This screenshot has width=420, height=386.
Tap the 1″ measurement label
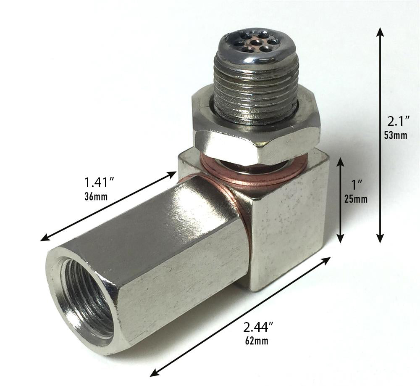(x=355, y=184)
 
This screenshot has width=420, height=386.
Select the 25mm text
(x=355, y=198)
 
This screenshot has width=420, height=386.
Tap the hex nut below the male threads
(x=256, y=139)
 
